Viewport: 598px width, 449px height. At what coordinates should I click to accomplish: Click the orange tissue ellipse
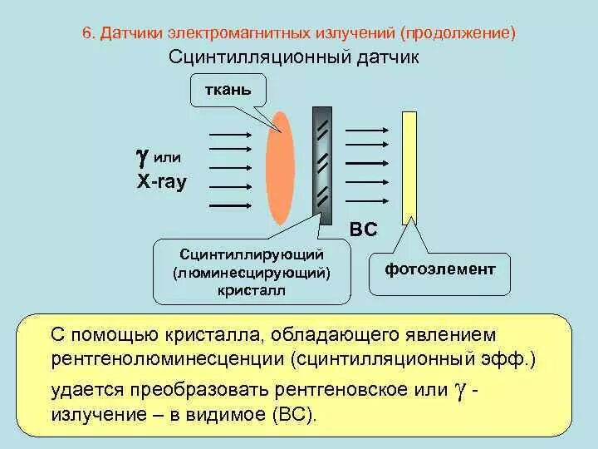(280, 168)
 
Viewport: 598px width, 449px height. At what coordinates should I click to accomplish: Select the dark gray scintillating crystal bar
(322, 162)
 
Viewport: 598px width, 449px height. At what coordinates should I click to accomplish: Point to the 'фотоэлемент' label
(440, 269)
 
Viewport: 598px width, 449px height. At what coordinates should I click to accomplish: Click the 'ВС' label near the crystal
(363, 229)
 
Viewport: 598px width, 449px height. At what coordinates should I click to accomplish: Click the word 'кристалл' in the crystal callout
(252, 290)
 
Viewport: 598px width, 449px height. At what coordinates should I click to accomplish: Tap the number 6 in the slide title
(86, 34)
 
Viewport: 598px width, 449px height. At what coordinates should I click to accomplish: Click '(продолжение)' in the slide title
(458, 34)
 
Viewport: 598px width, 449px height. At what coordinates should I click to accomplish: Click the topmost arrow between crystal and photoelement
(365, 130)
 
